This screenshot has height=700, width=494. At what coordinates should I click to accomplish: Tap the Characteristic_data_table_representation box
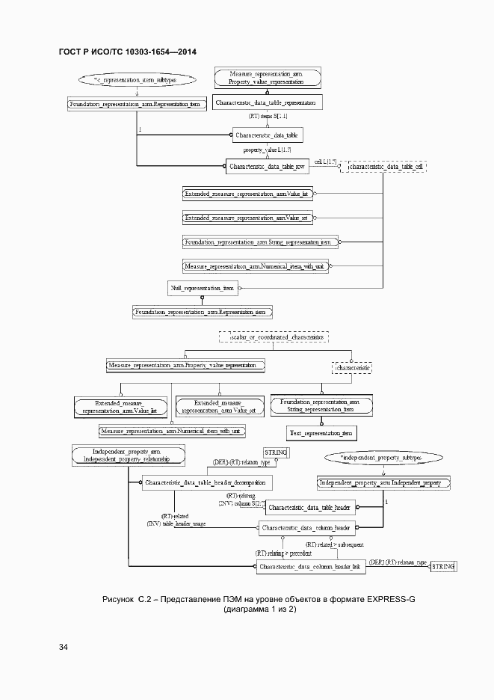coord(267,102)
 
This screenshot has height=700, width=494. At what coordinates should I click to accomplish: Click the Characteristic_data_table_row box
coord(267,166)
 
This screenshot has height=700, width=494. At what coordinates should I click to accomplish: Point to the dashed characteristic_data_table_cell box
coord(383,167)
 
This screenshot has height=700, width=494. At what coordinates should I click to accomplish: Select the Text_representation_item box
coord(322,434)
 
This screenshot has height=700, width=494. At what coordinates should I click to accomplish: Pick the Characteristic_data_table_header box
coord(309,509)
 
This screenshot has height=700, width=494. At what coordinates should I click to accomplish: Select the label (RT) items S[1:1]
coord(268,117)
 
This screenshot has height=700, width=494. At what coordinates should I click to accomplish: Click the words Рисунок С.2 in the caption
coord(127,600)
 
